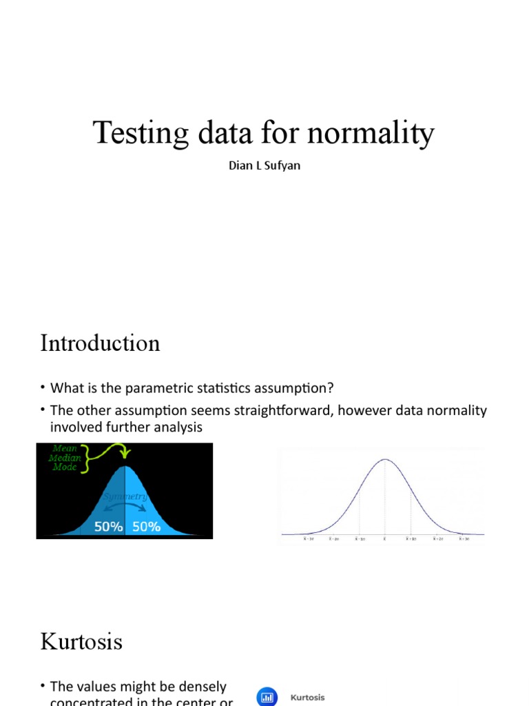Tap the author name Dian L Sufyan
(x=264, y=166)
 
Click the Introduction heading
(x=100, y=343)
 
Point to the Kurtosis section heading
(x=81, y=642)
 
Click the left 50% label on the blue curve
(x=108, y=527)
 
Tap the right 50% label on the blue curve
(x=146, y=527)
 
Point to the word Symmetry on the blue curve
(x=125, y=496)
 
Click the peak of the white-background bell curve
(x=385, y=460)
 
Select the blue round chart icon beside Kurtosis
(x=267, y=697)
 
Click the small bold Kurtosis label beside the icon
(x=307, y=698)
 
